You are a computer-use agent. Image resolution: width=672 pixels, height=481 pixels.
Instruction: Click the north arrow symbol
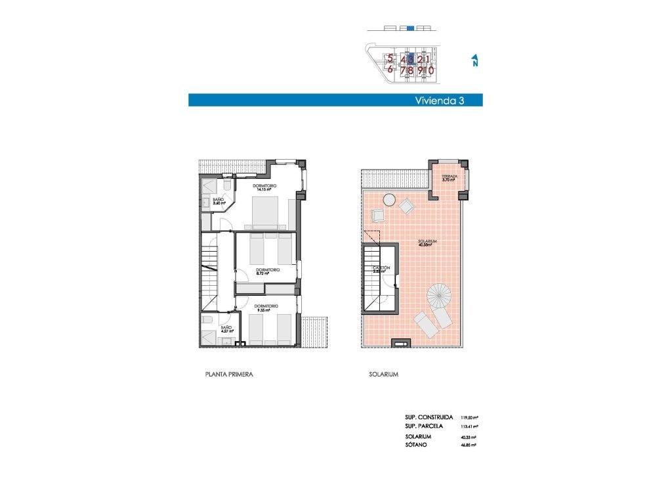tap(474, 61)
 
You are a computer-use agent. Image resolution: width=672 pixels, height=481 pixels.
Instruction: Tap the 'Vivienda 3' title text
tap(440, 101)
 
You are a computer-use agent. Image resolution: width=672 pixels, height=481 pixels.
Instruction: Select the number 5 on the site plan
tap(390, 58)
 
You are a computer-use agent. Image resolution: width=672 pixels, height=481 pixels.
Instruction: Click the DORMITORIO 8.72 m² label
tap(268, 271)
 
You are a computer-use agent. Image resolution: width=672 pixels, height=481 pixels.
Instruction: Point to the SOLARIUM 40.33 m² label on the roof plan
tap(427, 243)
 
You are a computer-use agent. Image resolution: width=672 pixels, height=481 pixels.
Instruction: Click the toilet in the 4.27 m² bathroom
tap(207, 320)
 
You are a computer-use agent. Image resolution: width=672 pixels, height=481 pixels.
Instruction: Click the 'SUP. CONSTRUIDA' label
tap(429, 417)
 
